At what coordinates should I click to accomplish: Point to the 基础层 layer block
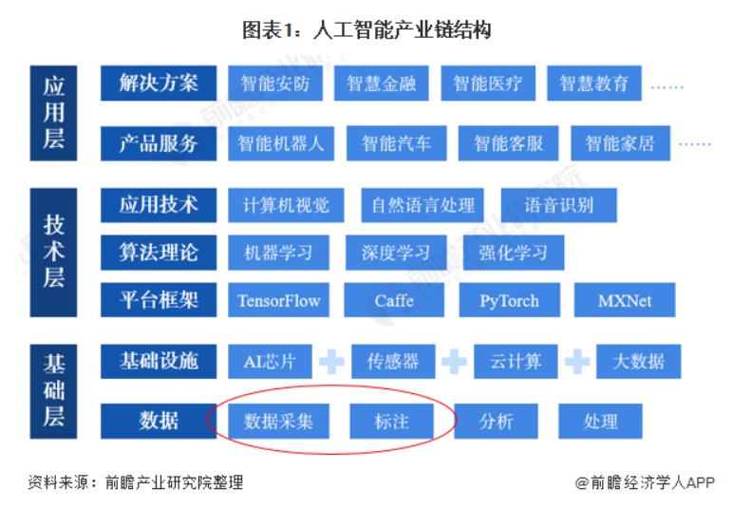point(54,389)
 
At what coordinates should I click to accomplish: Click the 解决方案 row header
point(159,83)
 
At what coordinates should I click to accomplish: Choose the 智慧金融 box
point(381,84)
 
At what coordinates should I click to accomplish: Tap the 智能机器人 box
point(280,142)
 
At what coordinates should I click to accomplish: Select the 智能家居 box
point(619,143)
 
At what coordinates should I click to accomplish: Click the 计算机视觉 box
point(286,205)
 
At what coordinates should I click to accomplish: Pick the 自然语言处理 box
point(422,205)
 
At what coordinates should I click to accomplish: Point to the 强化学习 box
point(514,253)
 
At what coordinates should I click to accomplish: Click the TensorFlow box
point(279,301)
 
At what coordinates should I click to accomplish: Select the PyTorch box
point(509,301)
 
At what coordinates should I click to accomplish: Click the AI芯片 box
point(270,361)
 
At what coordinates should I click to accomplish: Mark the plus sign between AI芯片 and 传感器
point(331,362)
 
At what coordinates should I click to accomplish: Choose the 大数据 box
point(638,361)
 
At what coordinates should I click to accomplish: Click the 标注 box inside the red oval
point(391,420)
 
